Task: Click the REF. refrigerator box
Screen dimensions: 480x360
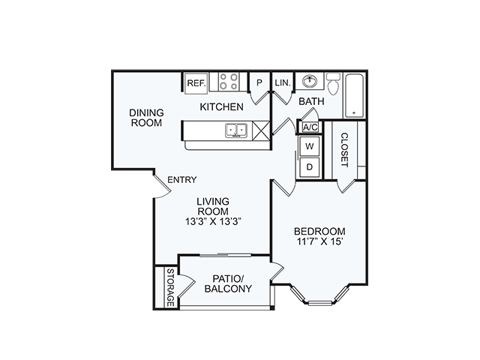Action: click(196, 82)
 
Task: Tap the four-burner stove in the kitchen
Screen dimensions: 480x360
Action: click(229, 82)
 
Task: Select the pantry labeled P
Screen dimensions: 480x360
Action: click(259, 82)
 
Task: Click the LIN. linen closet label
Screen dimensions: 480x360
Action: click(283, 82)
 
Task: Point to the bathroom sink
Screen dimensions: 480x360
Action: click(310, 81)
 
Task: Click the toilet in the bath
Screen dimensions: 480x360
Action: click(333, 83)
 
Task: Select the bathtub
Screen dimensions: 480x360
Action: click(355, 95)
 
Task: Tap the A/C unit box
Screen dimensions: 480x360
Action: click(310, 127)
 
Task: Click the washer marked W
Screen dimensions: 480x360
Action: click(310, 146)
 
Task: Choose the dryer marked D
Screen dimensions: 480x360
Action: click(310, 167)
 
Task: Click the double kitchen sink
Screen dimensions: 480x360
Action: click(236, 130)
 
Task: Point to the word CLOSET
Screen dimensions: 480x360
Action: click(344, 150)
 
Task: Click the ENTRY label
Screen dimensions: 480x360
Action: click(182, 180)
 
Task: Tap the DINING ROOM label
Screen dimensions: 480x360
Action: click(146, 118)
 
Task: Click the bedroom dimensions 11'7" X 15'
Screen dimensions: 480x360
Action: click(319, 241)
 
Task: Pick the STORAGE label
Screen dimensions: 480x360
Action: click(170, 287)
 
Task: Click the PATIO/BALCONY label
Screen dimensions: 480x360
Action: click(228, 283)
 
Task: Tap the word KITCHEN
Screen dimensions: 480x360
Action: click(222, 106)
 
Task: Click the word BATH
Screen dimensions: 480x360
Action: click(311, 101)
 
